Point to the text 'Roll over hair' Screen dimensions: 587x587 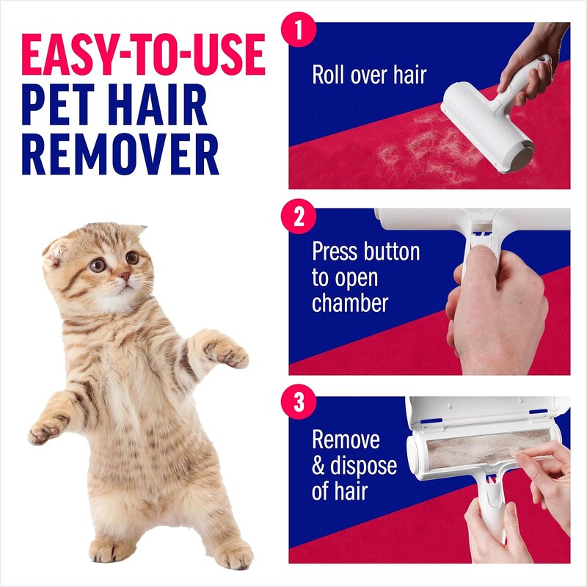[368, 75]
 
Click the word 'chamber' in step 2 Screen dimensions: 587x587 [350, 302]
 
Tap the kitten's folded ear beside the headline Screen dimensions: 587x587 [59, 249]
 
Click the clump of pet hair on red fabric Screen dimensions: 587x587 [411, 147]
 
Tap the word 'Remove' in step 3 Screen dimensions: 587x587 [346, 440]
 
